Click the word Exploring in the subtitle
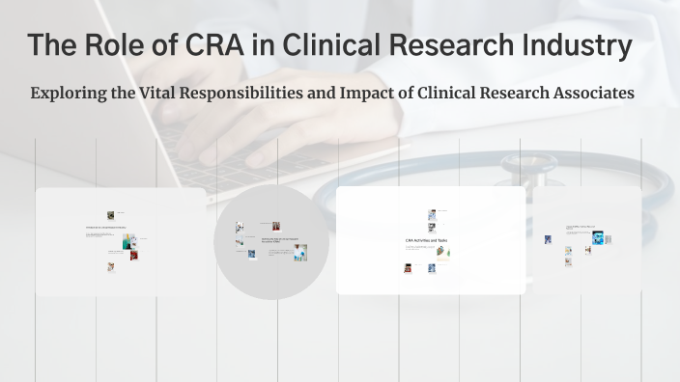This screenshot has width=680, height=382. (67, 95)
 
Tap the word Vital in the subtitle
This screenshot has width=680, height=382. (163, 95)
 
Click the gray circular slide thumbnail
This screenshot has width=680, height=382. (270, 241)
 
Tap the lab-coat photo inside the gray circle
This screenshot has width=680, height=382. (300, 252)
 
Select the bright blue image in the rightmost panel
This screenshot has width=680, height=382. (597, 237)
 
